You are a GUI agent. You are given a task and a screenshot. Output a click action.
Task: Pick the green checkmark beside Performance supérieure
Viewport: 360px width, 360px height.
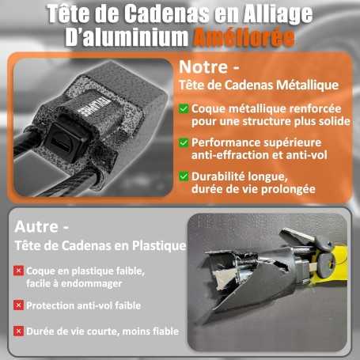click(184, 143)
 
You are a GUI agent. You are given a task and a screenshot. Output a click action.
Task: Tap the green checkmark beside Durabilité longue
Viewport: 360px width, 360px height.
click(184, 176)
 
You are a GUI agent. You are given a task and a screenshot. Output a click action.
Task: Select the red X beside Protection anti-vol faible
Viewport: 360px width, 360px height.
click(18, 305)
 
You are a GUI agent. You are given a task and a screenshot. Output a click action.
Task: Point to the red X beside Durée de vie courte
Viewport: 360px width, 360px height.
click(18, 332)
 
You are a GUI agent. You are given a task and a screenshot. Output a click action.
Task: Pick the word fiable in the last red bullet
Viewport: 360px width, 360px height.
click(164, 332)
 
